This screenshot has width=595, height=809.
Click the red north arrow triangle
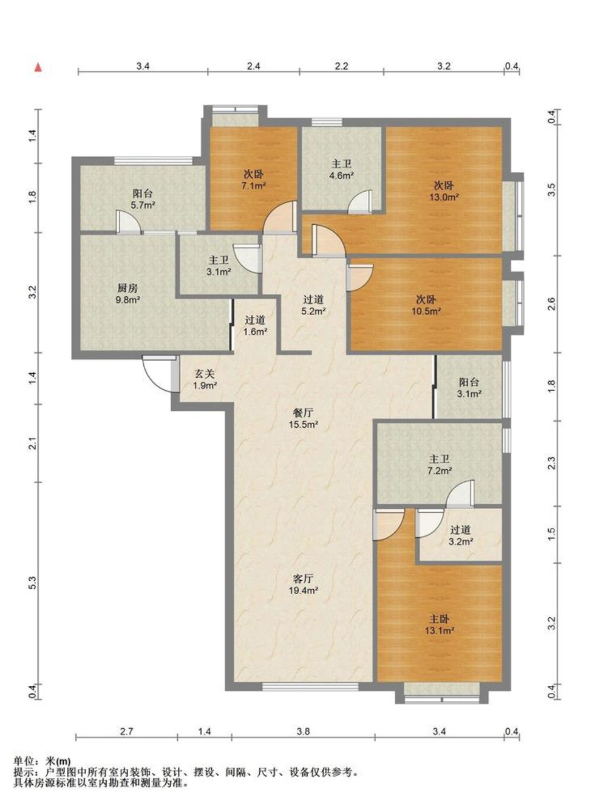tap(38, 67)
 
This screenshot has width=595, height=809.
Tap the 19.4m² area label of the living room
tap(303, 591)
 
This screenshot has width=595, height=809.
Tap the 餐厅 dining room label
tap(303, 413)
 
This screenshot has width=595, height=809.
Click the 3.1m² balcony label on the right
tap(469, 394)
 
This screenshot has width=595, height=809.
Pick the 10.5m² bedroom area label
tap(426, 311)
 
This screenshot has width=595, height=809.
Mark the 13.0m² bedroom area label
tap(444, 197)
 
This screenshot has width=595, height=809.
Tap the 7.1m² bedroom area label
tap(254, 186)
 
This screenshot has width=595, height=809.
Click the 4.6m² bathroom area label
tap(342, 176)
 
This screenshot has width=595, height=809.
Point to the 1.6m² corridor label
tap(256, 331)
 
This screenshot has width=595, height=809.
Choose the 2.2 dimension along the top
tap(341, 66)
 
